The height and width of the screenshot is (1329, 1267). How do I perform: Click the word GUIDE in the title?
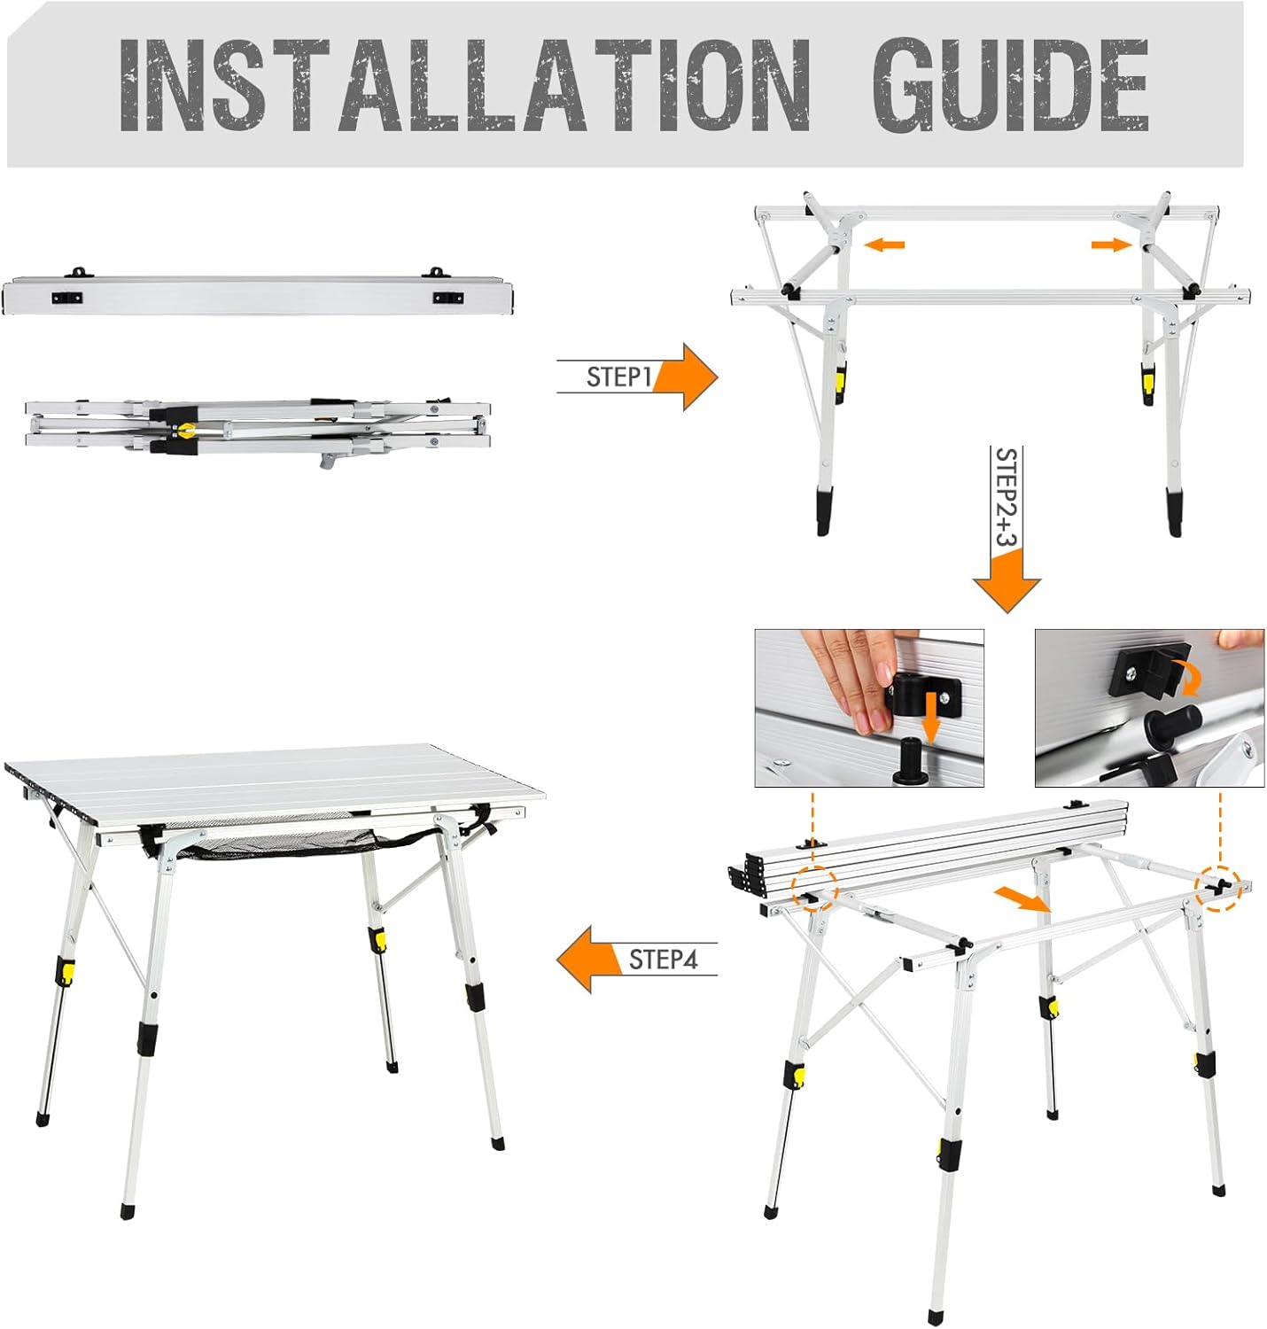(1010, 84)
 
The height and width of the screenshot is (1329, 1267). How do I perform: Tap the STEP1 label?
(618, 377)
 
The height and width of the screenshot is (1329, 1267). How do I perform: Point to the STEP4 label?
(664, 960)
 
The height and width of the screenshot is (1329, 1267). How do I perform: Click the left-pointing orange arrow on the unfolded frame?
(884, 245)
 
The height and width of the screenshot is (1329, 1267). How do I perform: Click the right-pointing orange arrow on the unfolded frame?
(1111, 244)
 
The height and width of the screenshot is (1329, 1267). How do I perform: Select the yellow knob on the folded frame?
(185, 431)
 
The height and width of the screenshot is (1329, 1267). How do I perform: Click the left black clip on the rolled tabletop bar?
(67, 298)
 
